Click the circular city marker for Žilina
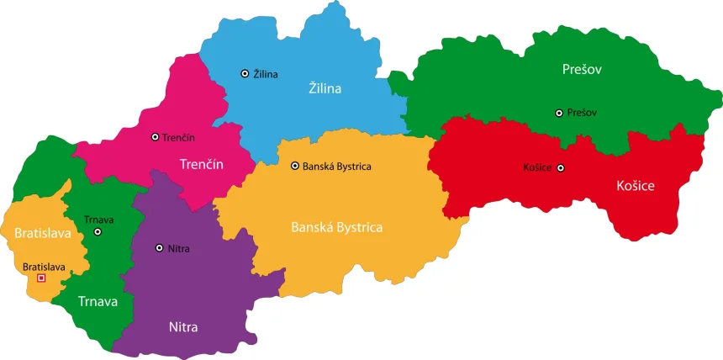(x=245, y=74)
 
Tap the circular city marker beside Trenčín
(x=155, y=136)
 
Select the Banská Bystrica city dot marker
(x=294, y=167)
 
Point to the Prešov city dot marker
(x=559, y=113)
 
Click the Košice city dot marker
(x=561, y=167)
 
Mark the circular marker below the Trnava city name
(x=98, y=231)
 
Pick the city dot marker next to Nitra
(x=160, y=248)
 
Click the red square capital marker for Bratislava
(x=42, y=278)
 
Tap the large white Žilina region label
(x=325, y=87)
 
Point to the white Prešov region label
(x=583, y=69)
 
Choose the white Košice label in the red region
(x=635, y=185)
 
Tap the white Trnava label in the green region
(x=98, y=300)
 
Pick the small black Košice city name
(x=537, y=167)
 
